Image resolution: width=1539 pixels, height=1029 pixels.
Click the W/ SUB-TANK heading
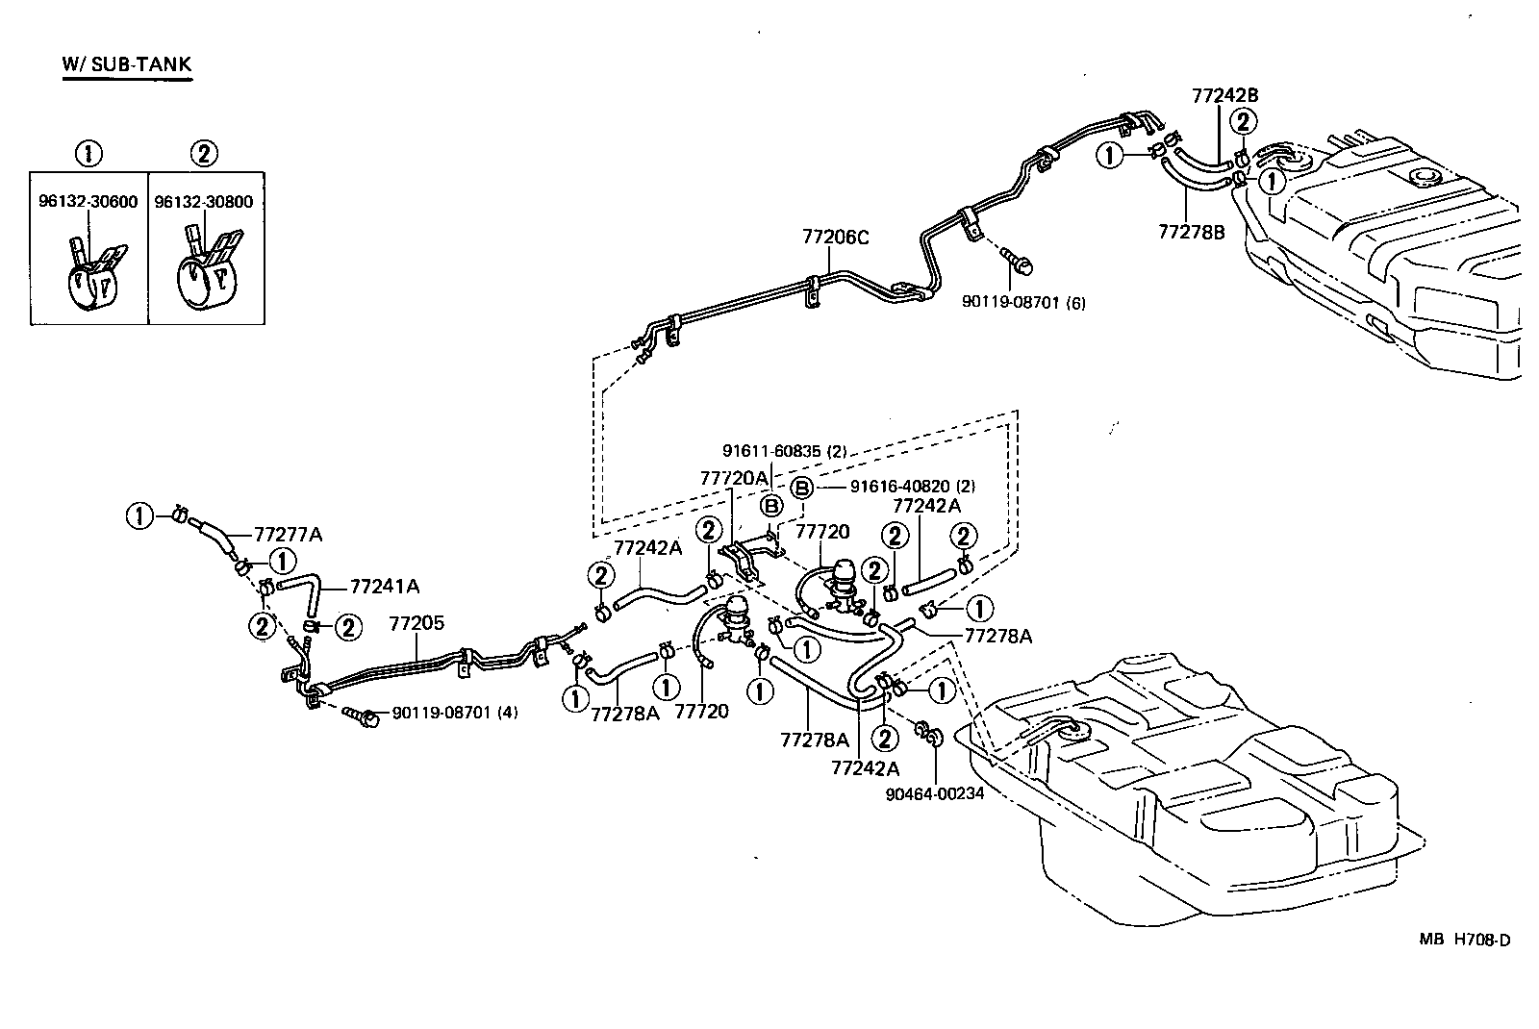click(x=127, y=64)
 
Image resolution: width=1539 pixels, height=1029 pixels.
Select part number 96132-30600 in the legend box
click(x=88, y=202)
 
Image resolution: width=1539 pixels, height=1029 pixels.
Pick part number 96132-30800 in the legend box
click(x=205, y=202)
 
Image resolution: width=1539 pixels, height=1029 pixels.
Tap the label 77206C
click(x=836, y=237)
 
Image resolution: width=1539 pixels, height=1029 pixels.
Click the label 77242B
click(x=1224, y=95)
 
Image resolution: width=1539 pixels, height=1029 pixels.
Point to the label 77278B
click(x=1191, y=231)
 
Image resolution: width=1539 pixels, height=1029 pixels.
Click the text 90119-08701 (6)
click(x=1023, y=302)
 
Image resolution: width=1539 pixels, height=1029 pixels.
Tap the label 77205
click(x=416, y=623)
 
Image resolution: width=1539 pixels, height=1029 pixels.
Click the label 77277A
click(x=288, y=534)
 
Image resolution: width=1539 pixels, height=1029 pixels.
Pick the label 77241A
click(x=384, y=586)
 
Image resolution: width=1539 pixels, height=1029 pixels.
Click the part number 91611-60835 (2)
click(x=784, y=450)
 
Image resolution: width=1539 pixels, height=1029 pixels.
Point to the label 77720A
click(x=734, y=477)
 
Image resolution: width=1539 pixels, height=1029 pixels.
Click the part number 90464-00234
click(x=934, y=793)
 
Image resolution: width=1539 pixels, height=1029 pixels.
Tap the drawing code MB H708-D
click(x=1464, y=940)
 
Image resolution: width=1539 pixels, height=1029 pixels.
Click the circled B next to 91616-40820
click(x=802, y=487)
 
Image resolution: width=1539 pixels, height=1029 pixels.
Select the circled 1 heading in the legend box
click(x=88, y=153)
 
